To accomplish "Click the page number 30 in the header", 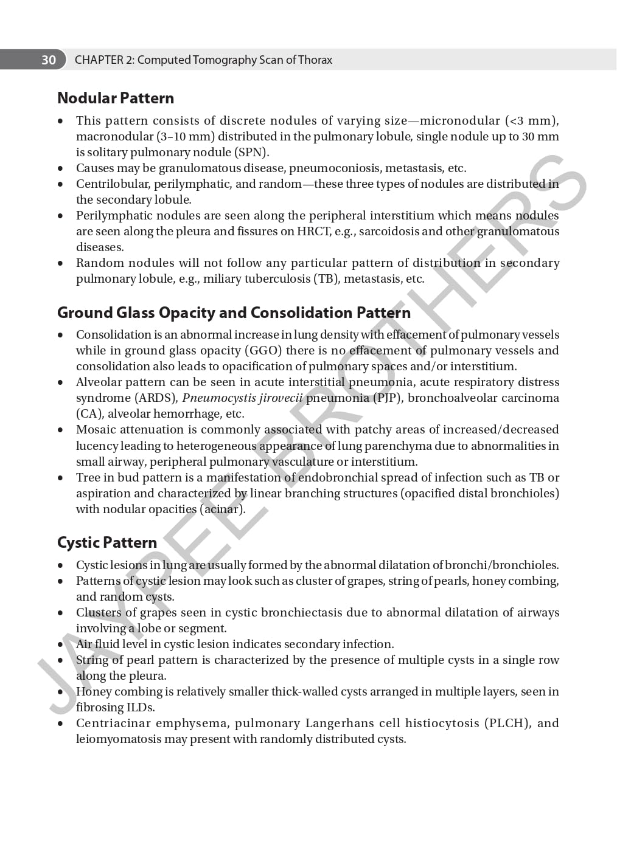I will tap(49, 60).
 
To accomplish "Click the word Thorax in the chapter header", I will tap(315, 60).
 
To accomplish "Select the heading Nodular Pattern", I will tap(116, 98).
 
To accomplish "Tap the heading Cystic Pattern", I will tap(107, 542).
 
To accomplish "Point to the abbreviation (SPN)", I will tap(251, 152).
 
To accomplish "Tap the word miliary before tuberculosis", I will tap(225, 278).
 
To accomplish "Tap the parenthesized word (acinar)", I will tap(222, 509).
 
